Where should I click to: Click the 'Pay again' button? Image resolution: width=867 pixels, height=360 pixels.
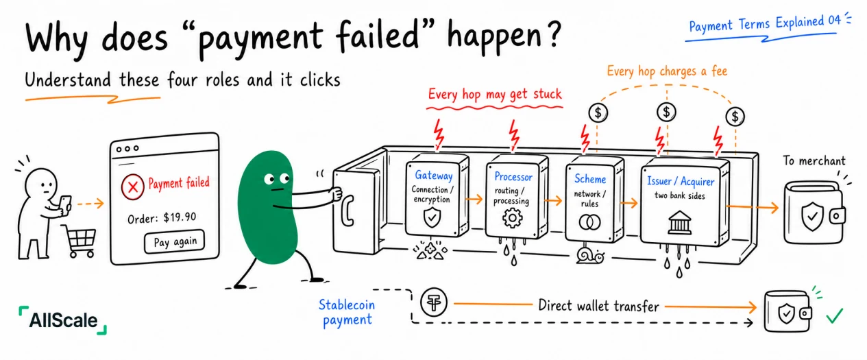point(175,242)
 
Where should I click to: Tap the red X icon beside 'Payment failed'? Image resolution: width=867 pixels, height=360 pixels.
point(132,187)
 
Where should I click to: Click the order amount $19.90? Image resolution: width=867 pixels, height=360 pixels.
point(180,217)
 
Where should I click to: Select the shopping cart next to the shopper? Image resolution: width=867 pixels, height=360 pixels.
point(80,241)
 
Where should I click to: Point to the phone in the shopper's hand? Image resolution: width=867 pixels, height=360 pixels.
point(65,204)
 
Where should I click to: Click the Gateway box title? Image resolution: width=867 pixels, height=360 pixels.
point(433,176)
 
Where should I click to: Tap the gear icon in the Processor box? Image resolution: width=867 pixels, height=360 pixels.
point(512,218)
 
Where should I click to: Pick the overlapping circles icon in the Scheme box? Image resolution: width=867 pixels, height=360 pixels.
point(589,222)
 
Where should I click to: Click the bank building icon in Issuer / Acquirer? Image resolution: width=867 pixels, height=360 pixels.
point(679,223)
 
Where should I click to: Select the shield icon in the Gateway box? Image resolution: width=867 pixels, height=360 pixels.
point(432,217)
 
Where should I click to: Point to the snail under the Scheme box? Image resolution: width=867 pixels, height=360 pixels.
point(590,256)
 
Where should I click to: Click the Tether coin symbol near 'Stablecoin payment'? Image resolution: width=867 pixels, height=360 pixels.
point(433,302)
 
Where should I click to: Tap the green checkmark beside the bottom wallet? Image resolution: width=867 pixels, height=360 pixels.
point(835,315)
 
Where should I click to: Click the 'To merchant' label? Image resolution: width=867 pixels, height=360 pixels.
point(814,160)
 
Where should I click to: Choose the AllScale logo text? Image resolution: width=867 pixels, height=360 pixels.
point(63,320)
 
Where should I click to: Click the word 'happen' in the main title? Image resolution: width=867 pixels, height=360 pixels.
point(495,37)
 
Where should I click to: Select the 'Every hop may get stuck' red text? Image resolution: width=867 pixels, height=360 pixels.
point(495,95)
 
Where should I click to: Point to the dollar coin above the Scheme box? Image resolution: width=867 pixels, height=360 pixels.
point(598,113)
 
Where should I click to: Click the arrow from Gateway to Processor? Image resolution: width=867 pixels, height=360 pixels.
point(474,200)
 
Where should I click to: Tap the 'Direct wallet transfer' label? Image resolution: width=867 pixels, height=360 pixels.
point(598,306)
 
